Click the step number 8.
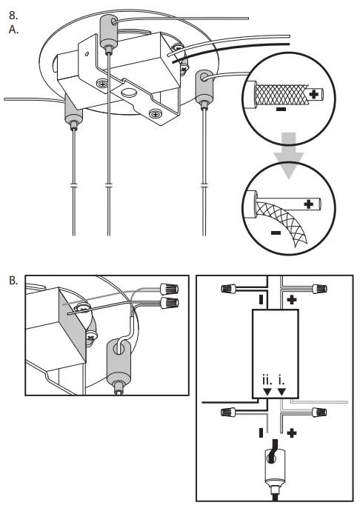click(x=13, y=16)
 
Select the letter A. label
click(x=13, y=30)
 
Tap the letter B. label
click(x=13, y=281)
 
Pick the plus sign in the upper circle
click(x=313, y=94)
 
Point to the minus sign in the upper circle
click(x=281, y=109)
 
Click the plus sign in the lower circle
click(x=309, y=204)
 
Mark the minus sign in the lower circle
click(x=276, y=233)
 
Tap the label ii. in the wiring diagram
click(x=267, y=380)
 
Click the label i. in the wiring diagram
click(x=281, y=380)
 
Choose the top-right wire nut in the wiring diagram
click(x=319, y=288)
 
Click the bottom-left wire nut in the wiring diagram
click(x=228, y=412)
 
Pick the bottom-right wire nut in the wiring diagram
click(x=319, y=412)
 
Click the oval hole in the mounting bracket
click(x=128, y=93)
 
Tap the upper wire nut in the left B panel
click(x=170, y=288)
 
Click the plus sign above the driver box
click(x=292, y=300)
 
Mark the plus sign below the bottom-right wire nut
click(x=292, y=432)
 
